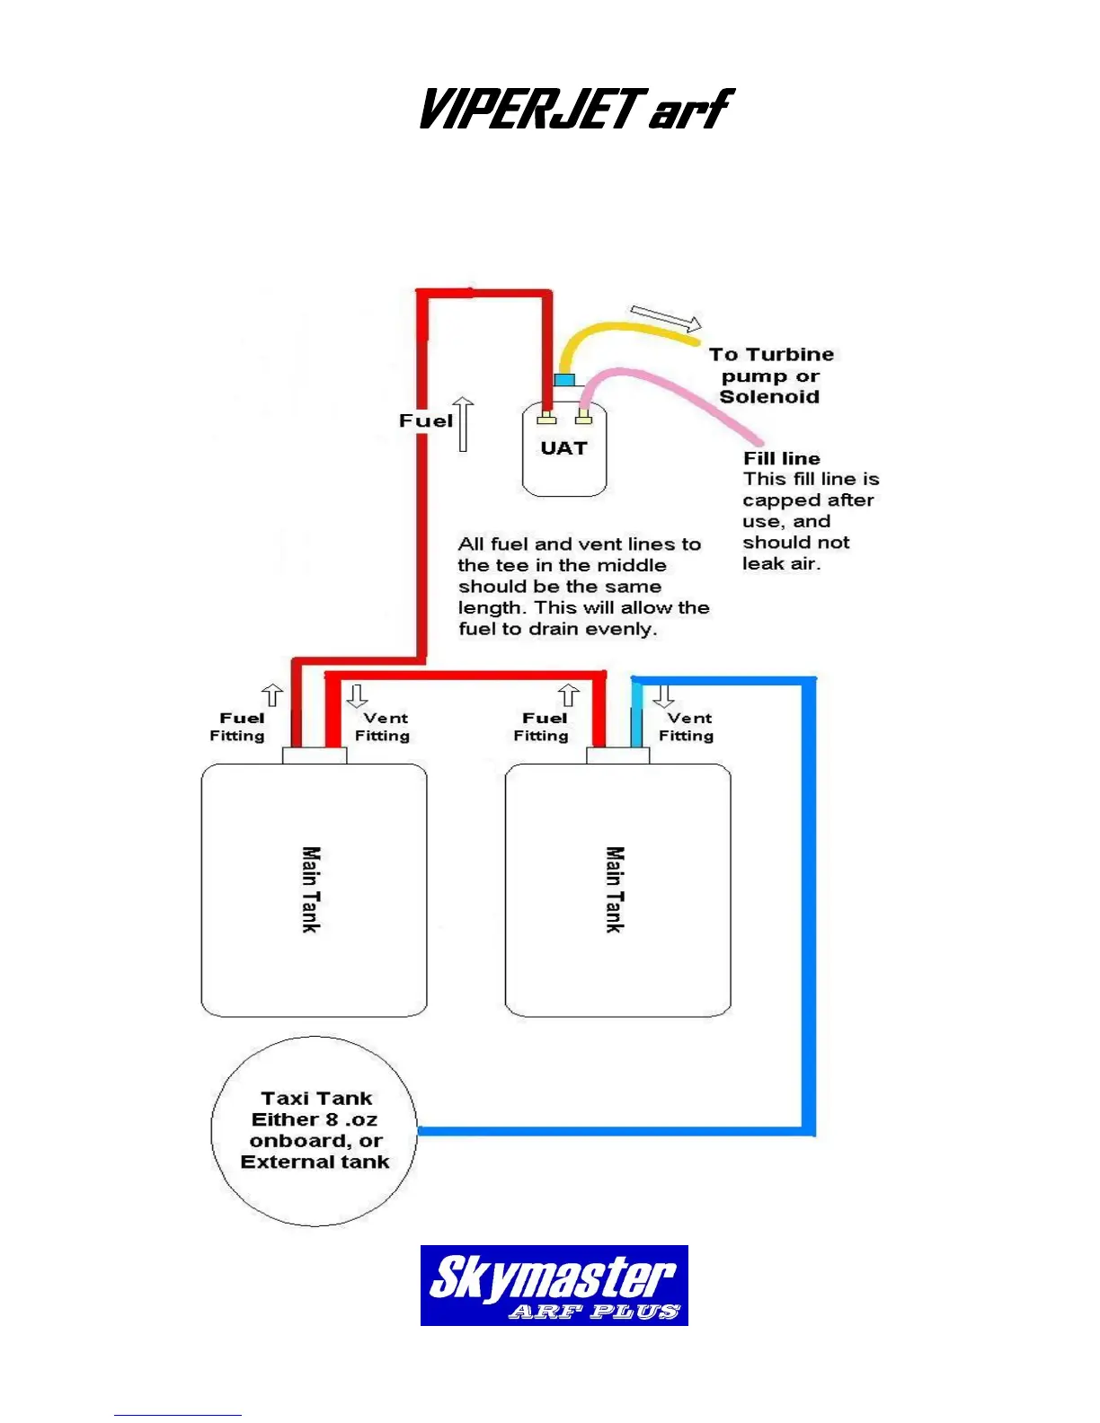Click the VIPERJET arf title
pyautogui.click(x=575, y=110)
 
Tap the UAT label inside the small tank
pyautogui.click(x=563, y=448)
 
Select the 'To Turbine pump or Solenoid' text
pyautogui.click(x=772, y=376)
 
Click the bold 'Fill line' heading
pyautogui.click(x=781, y=458)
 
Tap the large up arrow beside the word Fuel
pyautogui.click(x=464, y=424)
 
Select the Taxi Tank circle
pyautogui.click(x=315, y=1130)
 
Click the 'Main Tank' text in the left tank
pyautogui.click(x=311, y=889)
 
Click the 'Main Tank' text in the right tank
pyautogui.click(x=615, y=889)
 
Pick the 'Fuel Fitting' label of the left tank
pyautogui.click(x=239, y=727)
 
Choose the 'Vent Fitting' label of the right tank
pyautogui.click(x=687, y=727)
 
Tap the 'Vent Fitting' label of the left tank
pyautogui.click(x=383, y=727)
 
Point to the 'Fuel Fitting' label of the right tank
pyautogui.click(x=542, y=727)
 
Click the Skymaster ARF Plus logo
pyautogui.click(x=554, y=1285)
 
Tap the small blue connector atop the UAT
pyautogui.click(x=564, y=380)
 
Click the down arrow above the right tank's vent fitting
pyautogui.click(x=664, y=696)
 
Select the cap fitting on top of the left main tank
pyautogui.click(x=315, y=756)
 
